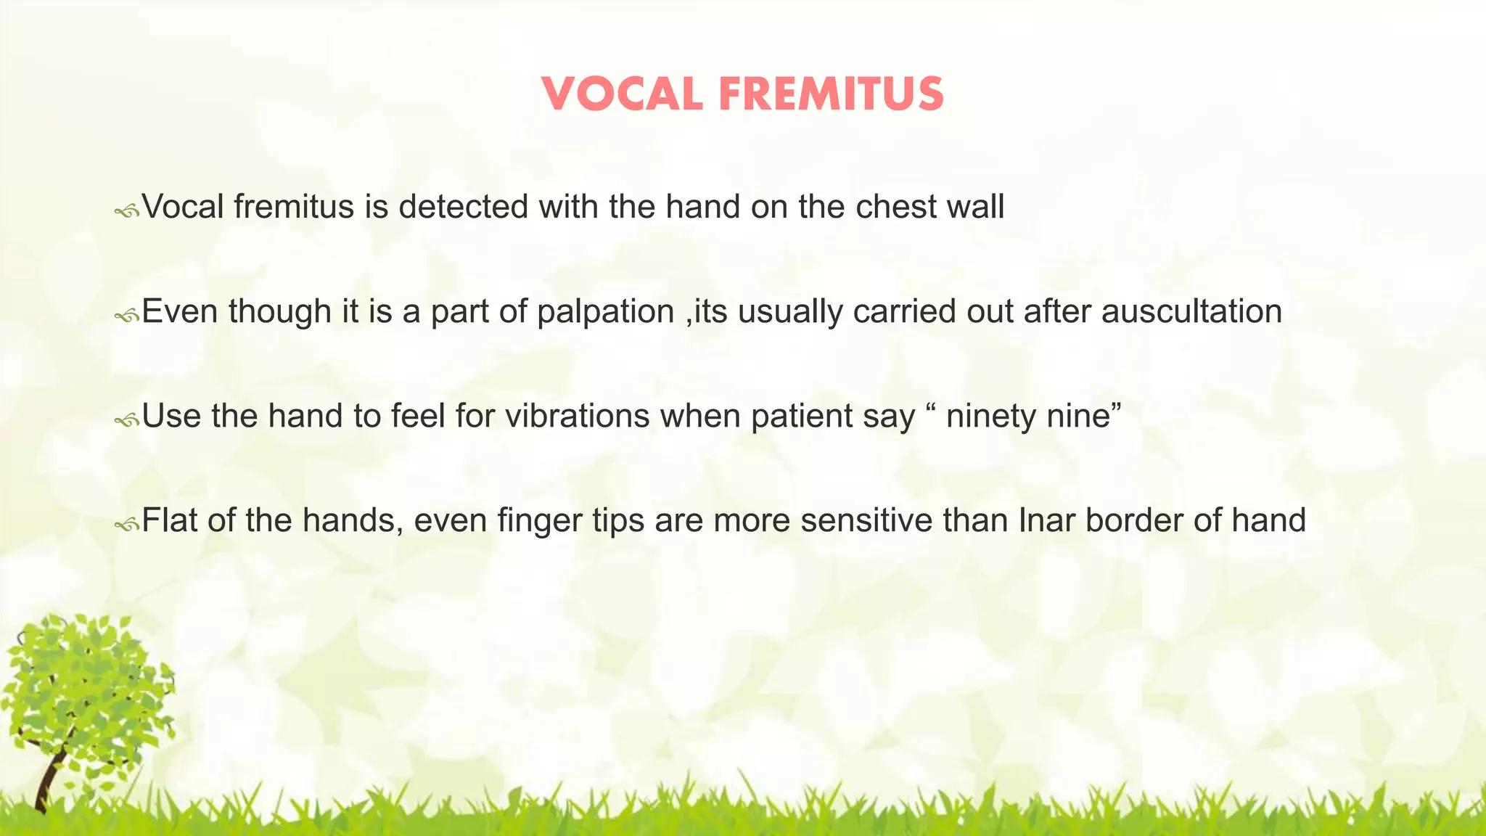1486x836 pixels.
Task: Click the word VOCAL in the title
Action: pyautogui.click(x=622, y=95)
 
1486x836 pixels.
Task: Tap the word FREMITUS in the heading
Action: pyautogui.click(x=831, y=95)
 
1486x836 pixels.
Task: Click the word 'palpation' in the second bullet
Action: pyautogui.click(x=606, y=312)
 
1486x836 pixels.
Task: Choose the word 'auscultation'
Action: pyautogui.click(x=1191, y=311)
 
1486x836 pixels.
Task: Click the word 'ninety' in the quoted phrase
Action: pyautogui.click(x=991, y=417)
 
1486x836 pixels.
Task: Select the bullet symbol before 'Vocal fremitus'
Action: pyautogui.click(x=126, y=211)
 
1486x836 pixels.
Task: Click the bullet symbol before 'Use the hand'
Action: pyautogui.click(x=126, y=420)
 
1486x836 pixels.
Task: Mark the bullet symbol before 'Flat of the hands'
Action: pyautogui.click(x=126, y=525)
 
